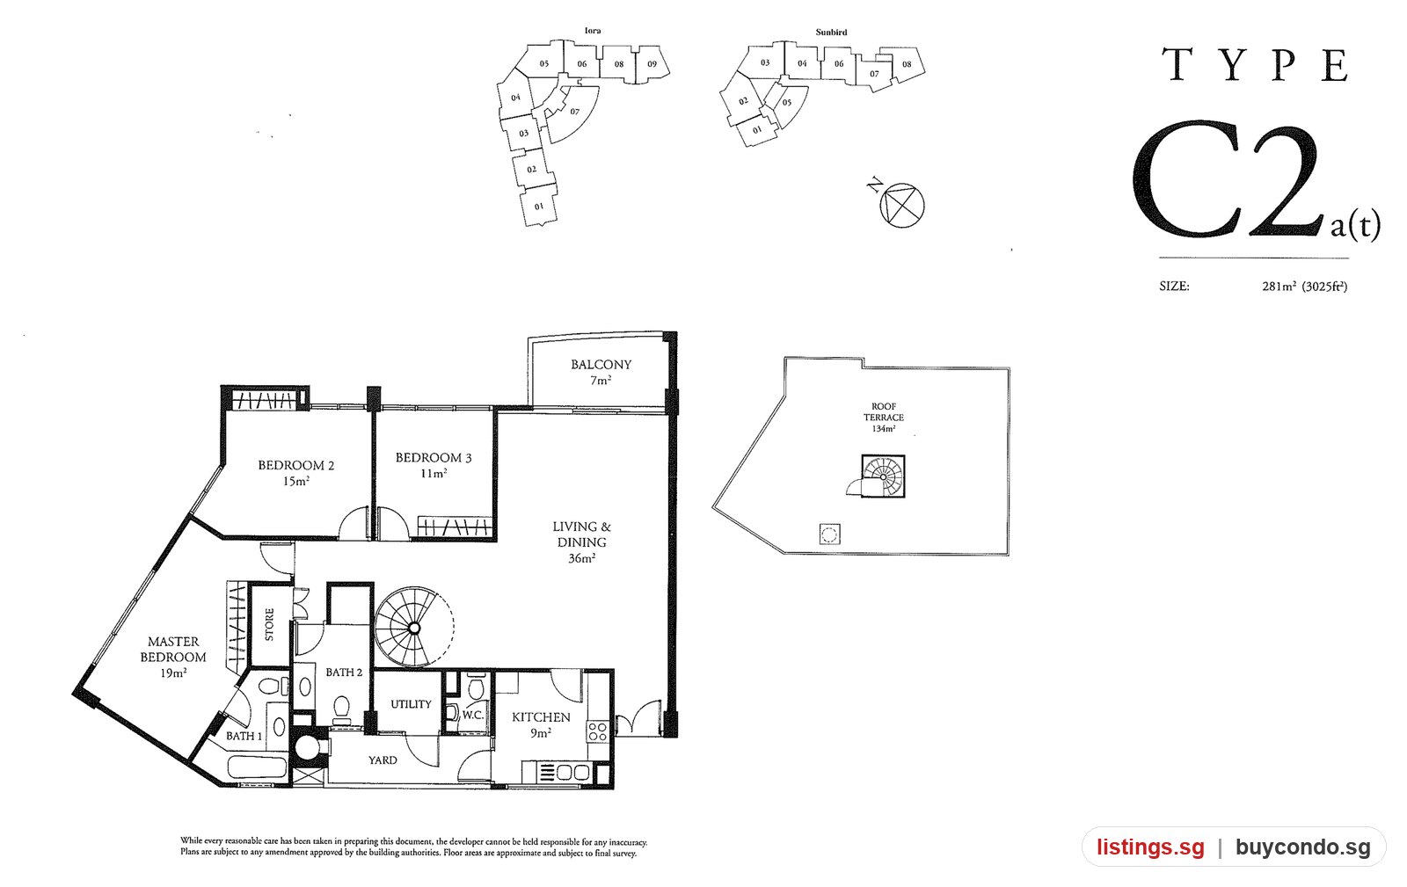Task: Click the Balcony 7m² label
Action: (601, 372)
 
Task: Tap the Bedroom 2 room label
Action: (295, 473)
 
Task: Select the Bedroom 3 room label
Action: (434, 465)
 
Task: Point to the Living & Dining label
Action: (581, 542)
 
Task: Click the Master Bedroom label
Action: (172, 657)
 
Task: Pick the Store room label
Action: (269, 624)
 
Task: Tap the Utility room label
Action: (411, 704)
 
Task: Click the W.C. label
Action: (472, 715)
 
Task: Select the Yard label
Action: (383, 760)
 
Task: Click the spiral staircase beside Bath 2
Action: (414, 627)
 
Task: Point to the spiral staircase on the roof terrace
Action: (883, 476)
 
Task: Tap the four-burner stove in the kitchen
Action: (597, 732)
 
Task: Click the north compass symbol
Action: (901, 205)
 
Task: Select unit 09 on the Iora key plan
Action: (652, 64)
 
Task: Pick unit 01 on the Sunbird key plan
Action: (757, 131)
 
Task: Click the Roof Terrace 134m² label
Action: (883, 418)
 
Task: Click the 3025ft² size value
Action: (1324, 287)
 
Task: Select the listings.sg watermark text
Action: (1150, 847)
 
